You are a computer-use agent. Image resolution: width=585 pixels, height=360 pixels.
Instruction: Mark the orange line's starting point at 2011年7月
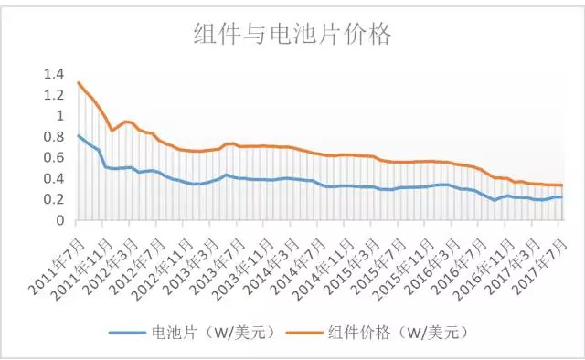coord(79,83)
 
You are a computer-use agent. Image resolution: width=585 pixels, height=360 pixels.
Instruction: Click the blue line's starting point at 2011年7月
coord(79,135)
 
